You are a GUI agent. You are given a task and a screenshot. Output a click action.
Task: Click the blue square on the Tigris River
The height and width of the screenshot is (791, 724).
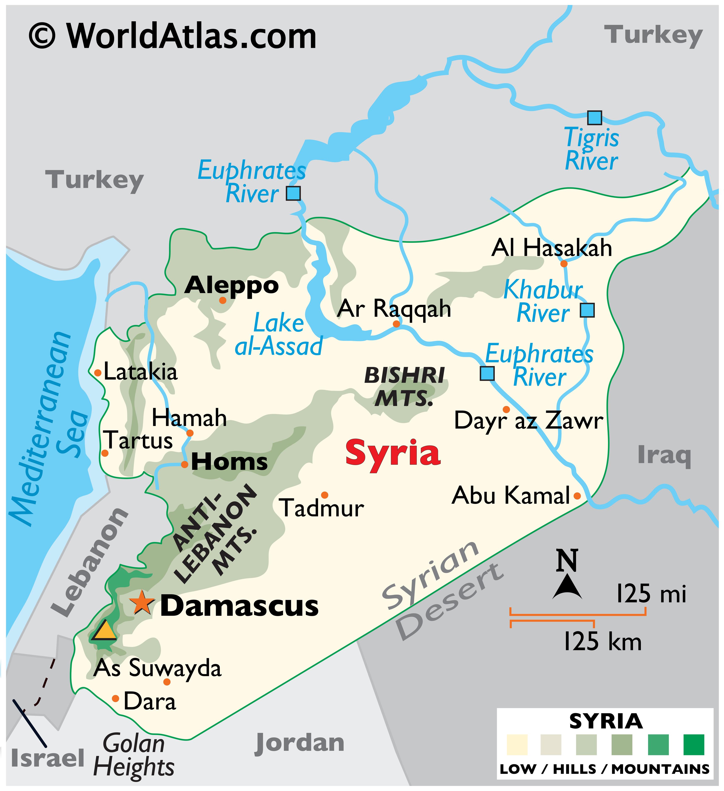point(594,118)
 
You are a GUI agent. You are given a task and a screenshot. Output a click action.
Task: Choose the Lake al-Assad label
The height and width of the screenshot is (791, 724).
point(278,335)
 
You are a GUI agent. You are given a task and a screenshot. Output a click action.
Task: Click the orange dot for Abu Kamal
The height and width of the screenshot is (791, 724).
point(577,496)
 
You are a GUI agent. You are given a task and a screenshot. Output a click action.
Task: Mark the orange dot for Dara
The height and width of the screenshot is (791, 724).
point(116,698)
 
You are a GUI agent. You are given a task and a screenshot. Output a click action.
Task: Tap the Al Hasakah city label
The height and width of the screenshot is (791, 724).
point(552,248)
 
